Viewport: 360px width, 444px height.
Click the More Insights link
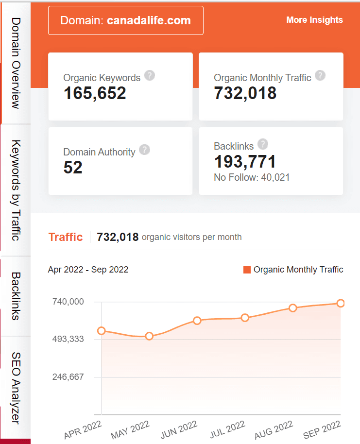[x=314, y=20]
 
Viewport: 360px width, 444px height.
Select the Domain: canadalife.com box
[x=125, y=20]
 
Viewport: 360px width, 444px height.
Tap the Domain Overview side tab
[x=16, y=63]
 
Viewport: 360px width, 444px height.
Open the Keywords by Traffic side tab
[x=16, y=190]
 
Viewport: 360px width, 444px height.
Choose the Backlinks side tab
[x=16, y=296]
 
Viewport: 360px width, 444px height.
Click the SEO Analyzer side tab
[x=16, y=389]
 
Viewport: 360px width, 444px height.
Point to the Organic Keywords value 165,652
[x=95, y=93]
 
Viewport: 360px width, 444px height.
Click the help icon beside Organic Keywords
[x=150, y=75]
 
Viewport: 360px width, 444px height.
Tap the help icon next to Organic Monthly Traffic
[x=320, y=75]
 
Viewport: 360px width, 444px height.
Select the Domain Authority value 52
[x=73, y=168]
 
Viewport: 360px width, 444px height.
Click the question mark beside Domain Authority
[x=144, y=150]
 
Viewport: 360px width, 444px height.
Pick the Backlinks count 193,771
[x=245, y=161]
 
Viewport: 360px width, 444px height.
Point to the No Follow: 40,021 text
[x=252, y=177]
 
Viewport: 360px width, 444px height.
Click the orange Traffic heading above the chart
[x=66, y=237]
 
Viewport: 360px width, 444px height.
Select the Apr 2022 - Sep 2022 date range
[x=88, y=270]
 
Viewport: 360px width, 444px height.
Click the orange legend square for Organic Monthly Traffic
[x=247, y=270]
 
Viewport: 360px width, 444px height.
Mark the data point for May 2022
[x=149, y=336]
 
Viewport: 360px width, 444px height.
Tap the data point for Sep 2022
[x=341, y=303]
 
